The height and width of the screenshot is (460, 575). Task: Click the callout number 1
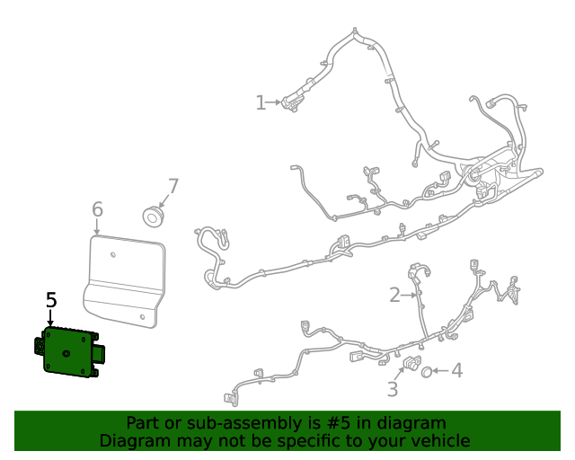tap(261, 103)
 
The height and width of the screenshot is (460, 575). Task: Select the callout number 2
tap(394, 295)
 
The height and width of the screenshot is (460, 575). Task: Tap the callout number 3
tap(393, 389)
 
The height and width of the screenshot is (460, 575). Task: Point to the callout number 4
tap(456, 369)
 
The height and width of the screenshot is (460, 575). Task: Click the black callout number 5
tap(51, 300)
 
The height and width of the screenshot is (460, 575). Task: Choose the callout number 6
tap(97, 210)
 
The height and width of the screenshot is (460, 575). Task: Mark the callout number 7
tap(172, 187)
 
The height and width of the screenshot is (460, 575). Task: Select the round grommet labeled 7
tap(155, 217)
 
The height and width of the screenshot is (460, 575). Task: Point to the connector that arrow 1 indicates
tap(290, 102)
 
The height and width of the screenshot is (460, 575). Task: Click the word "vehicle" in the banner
tap(438, 441)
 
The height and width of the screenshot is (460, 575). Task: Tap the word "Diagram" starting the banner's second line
tap(132, 441)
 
